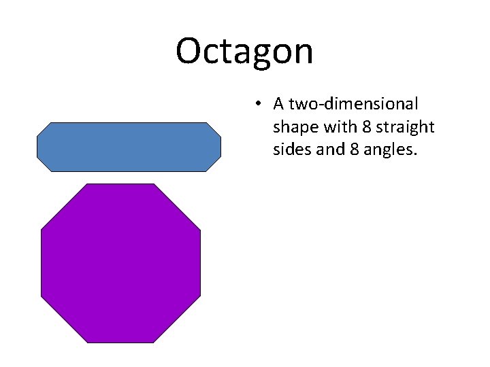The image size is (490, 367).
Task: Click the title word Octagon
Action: pos(244,51)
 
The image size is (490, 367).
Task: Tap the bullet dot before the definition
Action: pos(257,104)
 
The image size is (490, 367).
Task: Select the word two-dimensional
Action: pos(346,104)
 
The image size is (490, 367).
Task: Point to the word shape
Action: pos(293,127)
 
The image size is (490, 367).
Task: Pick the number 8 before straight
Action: pos(359,126)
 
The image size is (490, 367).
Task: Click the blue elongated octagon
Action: pos(129,147)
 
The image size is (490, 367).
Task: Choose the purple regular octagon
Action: pos(120,263)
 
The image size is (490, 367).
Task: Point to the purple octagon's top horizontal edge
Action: pos(120,184)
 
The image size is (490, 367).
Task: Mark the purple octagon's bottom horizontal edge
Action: pos(120,343)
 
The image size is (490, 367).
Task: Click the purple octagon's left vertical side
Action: pos(42,263)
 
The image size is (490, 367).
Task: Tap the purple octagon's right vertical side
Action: pos(201,263)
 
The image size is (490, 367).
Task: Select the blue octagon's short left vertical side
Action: pos(37,147)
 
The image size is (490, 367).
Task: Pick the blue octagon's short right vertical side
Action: pos(220,147)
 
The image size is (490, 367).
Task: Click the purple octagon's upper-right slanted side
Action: pos(178,207)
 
